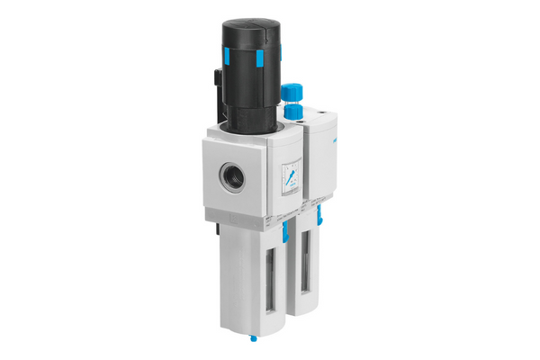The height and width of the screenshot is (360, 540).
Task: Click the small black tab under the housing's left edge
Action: pos(209,224)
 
